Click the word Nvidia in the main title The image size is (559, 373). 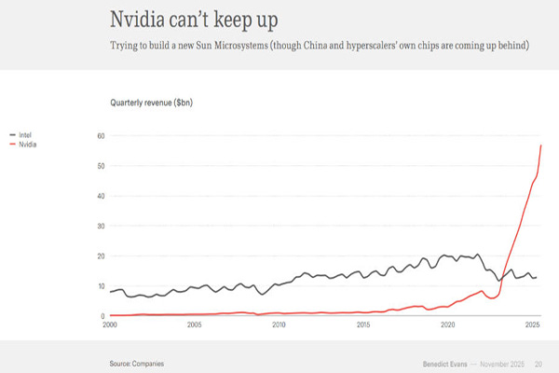point(141,20)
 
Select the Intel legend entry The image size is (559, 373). point(25,135)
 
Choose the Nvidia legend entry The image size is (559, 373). point(27,144)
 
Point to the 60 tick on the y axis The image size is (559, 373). point(101,136)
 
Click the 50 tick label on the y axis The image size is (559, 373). point(101,166)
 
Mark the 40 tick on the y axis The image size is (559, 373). point(101,196)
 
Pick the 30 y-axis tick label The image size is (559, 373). point(101,226)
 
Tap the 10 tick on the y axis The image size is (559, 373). point(101,285)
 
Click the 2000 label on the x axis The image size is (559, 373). point(110,325)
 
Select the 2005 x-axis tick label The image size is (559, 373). point(194,325)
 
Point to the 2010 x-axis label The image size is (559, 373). point(279,325)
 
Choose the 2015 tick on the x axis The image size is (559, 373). point(363,325)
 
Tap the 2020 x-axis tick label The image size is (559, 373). point(447,325)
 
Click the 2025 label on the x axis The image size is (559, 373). point(532,325)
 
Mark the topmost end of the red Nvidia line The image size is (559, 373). point(541,145)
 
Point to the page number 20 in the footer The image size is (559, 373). point(539,362)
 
